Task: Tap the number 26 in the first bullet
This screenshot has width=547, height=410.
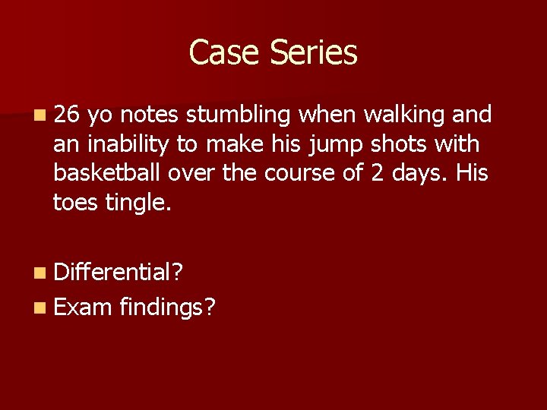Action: pos(67,115)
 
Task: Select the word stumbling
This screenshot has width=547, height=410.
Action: pos(239,115)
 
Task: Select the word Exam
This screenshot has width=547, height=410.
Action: pos(83,307)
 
